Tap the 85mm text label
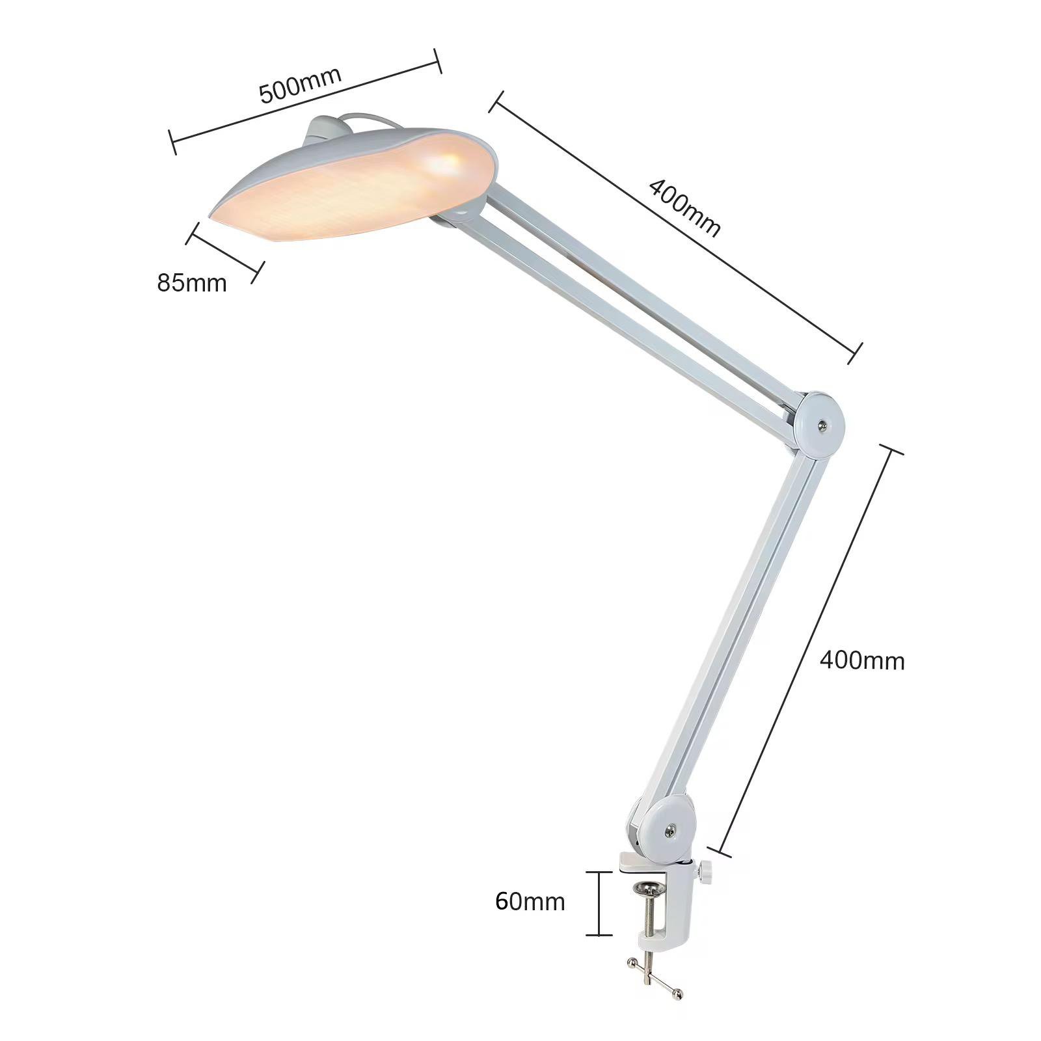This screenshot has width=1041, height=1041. pos(192,283)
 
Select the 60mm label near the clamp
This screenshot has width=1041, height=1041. pos(530,901)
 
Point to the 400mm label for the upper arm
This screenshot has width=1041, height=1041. pos(684,208)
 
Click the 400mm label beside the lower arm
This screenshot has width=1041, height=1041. pos(862,661)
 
